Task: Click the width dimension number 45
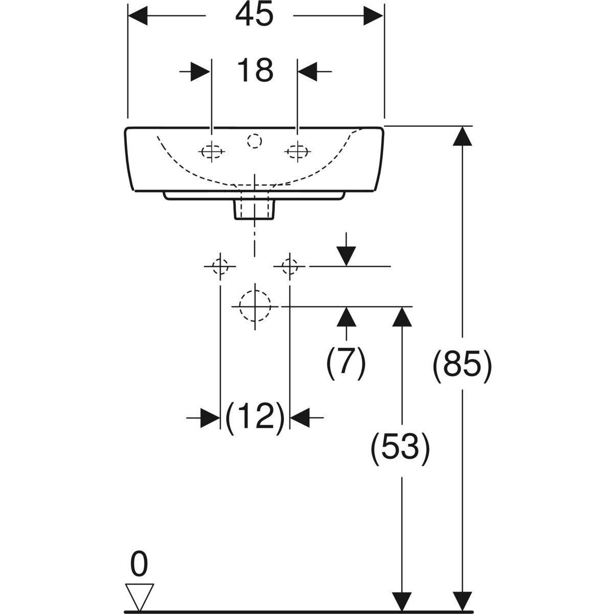pos(254,16)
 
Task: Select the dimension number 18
pos(255,71)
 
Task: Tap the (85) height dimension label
pos(462,366)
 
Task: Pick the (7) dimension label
pos(346,363)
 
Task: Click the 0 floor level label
pos(139,564)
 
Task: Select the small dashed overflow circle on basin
pos(254,141)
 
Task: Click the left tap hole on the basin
pos(212,152)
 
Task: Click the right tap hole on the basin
pos(297,151)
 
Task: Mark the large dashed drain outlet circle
pos(254,306)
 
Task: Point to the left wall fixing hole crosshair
pos(220,266)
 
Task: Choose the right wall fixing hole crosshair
pos(290,266)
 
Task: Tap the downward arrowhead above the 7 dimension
pos(346,256)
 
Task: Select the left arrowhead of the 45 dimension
pos(138,16)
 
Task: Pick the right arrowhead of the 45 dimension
pos(374,16)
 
